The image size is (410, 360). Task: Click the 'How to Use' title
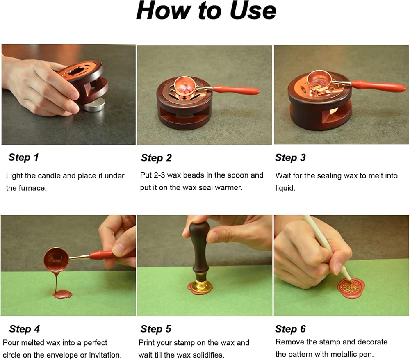pyautogui.click(x=206, y=11)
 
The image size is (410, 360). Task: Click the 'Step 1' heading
pyautogui.click(x=23, y=157)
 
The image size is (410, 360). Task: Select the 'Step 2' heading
pyautogui.click(x=156, y=158)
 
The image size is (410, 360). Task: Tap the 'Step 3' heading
pyautogui.click(x=290, y=157)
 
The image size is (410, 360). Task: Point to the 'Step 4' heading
pyautogui.click(x=24, y=329)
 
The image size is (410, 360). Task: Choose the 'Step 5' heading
pyautogui.click(x=156, y=329)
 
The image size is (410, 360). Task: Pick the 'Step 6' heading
pyautogui.click(x=290, y=329)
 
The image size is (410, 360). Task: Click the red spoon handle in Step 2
pyautogui.click(x=236, y=90)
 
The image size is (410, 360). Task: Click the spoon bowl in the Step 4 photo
pyautogui.click(x=56, y=260)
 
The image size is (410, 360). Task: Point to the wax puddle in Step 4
pyautogui.click(x=62, y=294)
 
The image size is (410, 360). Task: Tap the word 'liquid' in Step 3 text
pyautogui.click(x=285, y=188)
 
